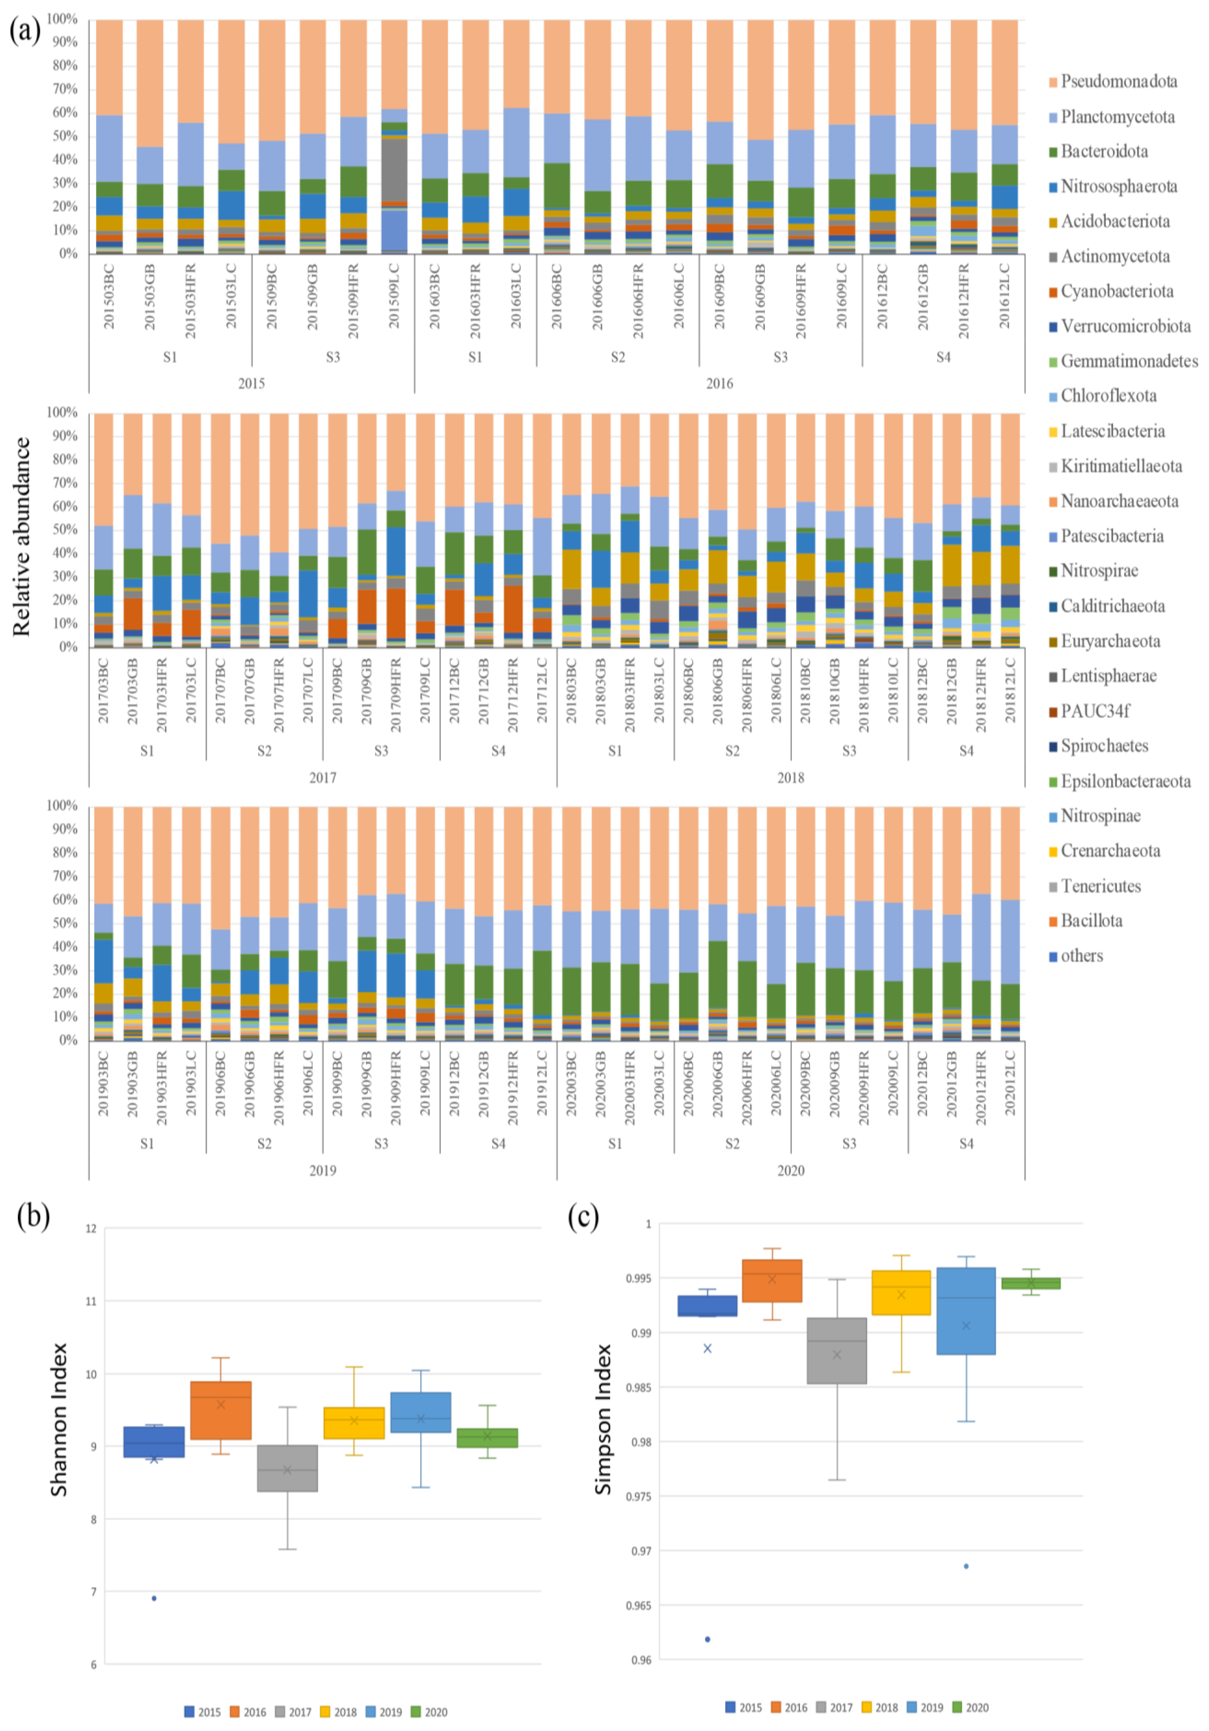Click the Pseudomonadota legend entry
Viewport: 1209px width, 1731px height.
pos(1118,81)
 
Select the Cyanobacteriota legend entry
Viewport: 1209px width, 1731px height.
pos(1117,291)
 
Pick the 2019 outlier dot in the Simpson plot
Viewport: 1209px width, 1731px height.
pos(966,1567)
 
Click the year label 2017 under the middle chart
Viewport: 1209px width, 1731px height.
pos(323,777)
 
